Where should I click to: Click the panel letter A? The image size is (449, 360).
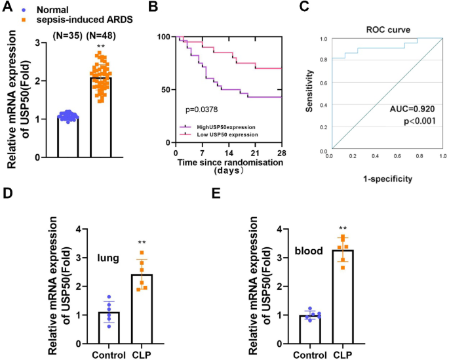[x=7, y=8]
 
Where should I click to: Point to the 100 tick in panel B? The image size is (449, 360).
[x=164, y=36]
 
